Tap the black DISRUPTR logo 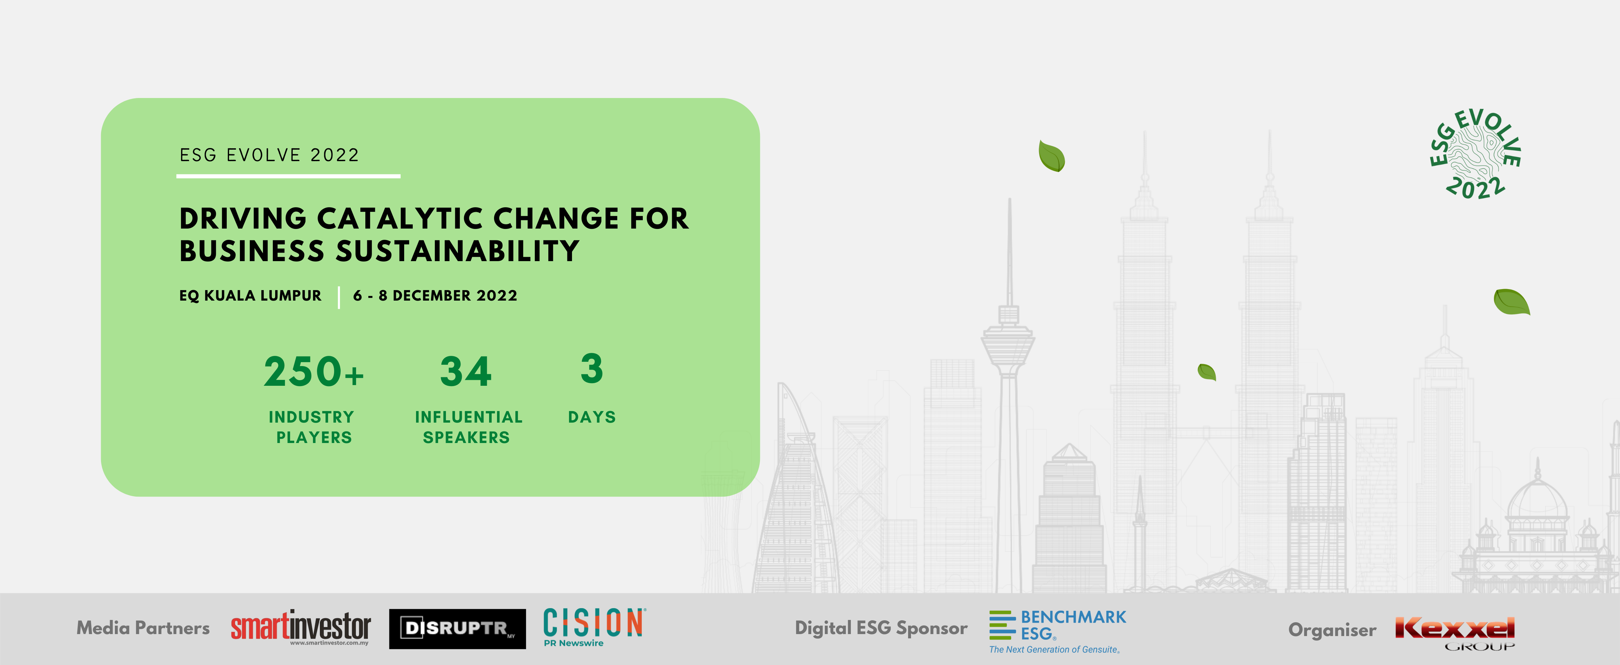click(x=457, y=628)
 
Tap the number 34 click(x=465, y=371)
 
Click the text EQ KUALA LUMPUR click(x=250, y=295)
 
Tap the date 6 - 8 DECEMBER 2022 click(x=435, y=295)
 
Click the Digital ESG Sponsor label click(x=881, y=628)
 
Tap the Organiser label click(x=1332, y=630)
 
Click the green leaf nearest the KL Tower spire click(x=1052, y=156)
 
